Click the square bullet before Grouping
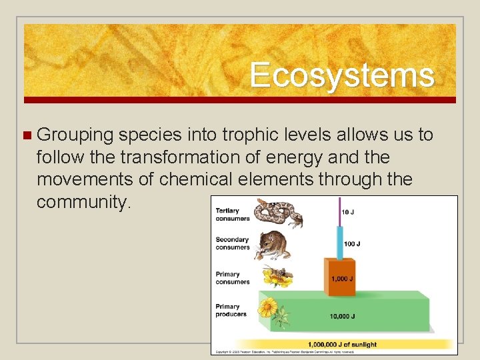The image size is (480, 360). pos(27,135)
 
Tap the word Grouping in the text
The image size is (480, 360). pos(75,135)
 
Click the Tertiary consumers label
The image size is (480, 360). pos(232,215)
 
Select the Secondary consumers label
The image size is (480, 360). pos(232,243)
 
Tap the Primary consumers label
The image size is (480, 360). pos(232,278)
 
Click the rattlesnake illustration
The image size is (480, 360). pos(278,213)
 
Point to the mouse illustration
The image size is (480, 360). pos(273,245)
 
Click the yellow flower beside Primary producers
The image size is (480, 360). pos(269,308)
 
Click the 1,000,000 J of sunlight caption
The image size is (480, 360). pos(342,345)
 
